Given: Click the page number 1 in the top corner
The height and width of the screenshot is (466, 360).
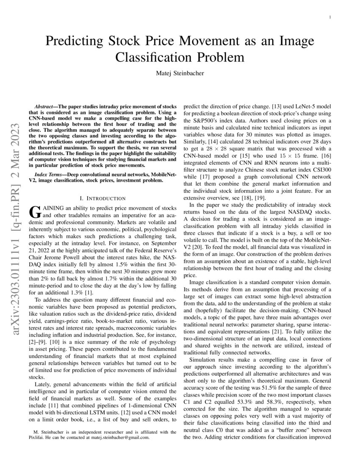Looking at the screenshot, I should [330, 17].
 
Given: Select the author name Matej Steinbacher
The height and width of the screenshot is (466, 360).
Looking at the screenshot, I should [180, 73].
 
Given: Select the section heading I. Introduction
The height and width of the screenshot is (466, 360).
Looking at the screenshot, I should [102, 198].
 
